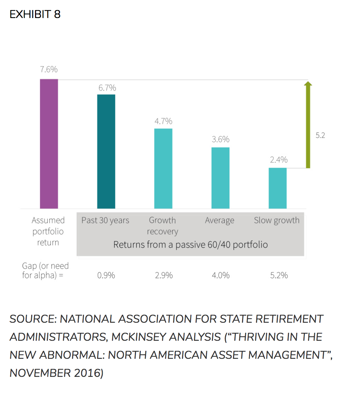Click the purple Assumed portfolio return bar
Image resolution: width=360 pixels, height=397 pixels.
[x=49, y=144]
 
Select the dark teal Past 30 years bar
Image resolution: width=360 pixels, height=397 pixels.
[x=106, y=151]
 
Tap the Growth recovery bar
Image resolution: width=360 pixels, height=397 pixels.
[x=163, y=168]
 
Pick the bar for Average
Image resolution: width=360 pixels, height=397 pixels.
[x=220, y=178]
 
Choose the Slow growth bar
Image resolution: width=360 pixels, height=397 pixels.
[x=277, y=188]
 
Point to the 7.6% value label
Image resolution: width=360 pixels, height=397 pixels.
[x=49, y=69]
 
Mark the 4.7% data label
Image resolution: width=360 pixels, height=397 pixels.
[x=163, y=121]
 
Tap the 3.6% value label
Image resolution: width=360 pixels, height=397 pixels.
[x=221, y=140]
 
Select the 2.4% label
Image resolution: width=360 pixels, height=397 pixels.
[x=278, y=160]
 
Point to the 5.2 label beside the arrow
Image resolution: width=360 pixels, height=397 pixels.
[x=320, y=135]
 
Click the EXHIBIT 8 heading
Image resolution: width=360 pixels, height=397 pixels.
[x=35, y=15]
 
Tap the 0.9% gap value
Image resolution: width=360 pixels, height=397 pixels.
[x=106, y=276]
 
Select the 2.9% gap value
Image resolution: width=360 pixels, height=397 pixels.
[x=164, y=276]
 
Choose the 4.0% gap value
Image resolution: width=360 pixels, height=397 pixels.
[x=221, y=276]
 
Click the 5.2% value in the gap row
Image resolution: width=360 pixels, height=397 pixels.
[x=279, y=276]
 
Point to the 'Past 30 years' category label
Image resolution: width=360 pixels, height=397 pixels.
[x=105, y=220]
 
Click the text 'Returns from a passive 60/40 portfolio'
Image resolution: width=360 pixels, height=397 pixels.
[x=190, y=245]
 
